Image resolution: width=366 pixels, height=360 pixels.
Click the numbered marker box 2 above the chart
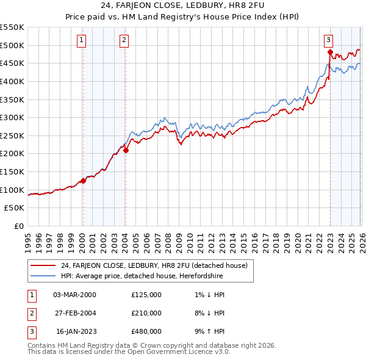coord(124,40)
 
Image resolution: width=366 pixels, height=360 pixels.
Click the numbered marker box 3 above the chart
coord(328,40)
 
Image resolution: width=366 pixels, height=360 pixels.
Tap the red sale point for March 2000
coord(83,181)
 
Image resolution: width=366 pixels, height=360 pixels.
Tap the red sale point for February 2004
coord(126,150)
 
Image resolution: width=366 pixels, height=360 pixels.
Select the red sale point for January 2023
coord(330,52)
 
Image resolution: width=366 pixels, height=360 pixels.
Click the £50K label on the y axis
coord(15,208)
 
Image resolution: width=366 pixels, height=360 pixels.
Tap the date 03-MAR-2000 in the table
coord(74,295)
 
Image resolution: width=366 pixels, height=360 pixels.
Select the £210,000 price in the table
coord(146,313)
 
